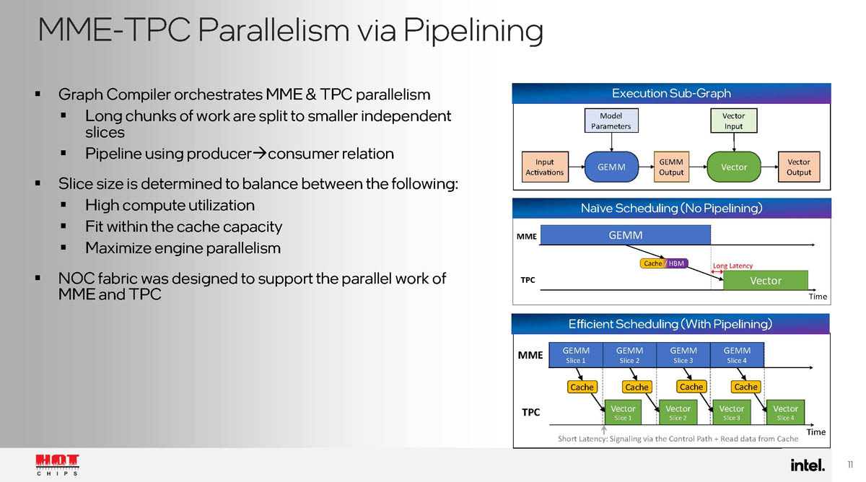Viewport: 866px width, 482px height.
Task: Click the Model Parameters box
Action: point(611,120)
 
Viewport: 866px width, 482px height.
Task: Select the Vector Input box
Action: point(733,120)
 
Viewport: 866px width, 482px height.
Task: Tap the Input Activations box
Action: point(544,167)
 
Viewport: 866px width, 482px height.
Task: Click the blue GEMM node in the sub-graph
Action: point(611,167)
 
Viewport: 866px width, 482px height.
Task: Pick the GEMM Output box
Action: point(670,167)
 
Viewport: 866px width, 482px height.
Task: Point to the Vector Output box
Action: point(798,167)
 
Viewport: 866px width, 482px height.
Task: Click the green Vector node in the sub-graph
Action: point(734,167)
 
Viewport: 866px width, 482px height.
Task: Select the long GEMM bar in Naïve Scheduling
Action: point(626,235)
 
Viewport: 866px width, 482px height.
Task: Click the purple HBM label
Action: point(676,263)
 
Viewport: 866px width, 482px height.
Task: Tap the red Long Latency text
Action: point(732,266)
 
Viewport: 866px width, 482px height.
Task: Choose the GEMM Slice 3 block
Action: point(683,355)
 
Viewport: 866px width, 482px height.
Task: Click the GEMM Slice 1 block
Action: point(576,355)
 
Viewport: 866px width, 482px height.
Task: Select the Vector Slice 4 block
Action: point(785,413)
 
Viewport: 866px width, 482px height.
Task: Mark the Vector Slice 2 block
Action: point(678,413)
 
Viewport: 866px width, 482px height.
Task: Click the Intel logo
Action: point(808,465)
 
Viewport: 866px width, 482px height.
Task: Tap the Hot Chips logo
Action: point(58,465)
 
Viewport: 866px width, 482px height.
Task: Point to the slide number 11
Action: point(850,465)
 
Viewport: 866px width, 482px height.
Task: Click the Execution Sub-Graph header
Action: point(671,93)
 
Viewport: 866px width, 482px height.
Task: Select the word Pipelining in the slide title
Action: point(473,30)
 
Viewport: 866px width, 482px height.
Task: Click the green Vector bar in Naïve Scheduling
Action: point(765,281)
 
